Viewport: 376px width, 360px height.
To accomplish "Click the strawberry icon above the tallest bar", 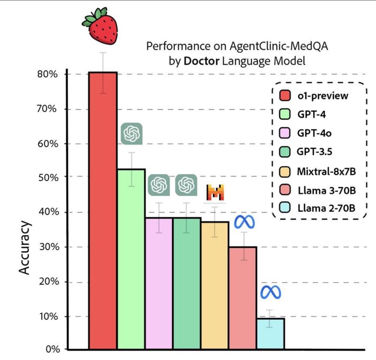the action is click(100, 26).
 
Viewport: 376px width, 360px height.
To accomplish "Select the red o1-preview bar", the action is click(103, 210).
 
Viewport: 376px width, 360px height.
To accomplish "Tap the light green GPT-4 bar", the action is click(132, 259).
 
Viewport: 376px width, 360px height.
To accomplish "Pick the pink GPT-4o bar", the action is click(159, 284).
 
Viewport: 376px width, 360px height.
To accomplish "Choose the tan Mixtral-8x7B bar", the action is click(215, 285).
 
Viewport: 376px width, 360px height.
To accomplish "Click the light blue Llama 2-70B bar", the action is click(271, 334).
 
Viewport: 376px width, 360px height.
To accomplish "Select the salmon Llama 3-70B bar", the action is click(243, 298).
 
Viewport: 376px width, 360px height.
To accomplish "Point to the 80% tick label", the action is click(47, 74).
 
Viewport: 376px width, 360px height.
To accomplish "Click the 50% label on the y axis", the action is click(48, 178).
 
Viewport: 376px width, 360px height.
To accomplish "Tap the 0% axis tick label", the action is click(53, 349).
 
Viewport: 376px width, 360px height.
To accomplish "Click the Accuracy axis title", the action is click(25, 248).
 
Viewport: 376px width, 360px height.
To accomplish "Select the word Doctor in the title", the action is click(202, 61).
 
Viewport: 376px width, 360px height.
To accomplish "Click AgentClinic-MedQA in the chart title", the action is click(279, 46).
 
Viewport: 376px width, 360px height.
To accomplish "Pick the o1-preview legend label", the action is click(323, 96).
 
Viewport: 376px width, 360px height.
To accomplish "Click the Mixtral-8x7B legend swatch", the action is click(285, 172).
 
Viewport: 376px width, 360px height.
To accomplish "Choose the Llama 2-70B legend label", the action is click(326, 208).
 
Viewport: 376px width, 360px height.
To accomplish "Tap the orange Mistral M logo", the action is click(215, 192).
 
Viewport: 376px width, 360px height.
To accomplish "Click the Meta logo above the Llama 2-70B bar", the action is click(271, 292).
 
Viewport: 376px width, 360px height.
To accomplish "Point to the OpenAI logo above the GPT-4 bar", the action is click(132, 134).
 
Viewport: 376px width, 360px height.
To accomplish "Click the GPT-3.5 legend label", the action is click(314, 152).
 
